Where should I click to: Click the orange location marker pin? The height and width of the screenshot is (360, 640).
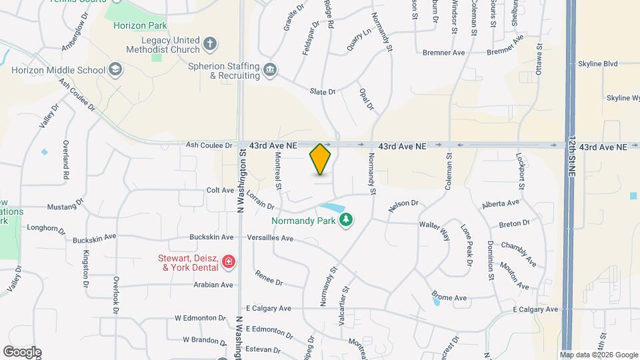coord(321,159)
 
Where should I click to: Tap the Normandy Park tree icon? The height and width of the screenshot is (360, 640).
coord(345,220)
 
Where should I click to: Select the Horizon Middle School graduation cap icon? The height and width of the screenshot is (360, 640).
coord(115,70)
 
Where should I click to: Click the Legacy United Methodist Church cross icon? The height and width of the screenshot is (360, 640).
coord(210,45)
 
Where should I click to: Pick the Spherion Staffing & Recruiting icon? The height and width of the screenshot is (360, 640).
coord(270,70)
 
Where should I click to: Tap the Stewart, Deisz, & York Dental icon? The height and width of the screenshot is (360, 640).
coord(229,262)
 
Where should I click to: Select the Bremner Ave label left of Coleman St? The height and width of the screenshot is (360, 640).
coord(444,52)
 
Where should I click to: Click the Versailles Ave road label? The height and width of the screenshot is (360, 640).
coord(269,238)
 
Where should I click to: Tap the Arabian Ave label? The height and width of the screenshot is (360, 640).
coord(213,285)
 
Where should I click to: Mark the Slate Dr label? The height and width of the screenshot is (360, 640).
coord(323,91)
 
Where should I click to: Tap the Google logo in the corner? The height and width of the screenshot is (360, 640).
coord(22,352)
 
